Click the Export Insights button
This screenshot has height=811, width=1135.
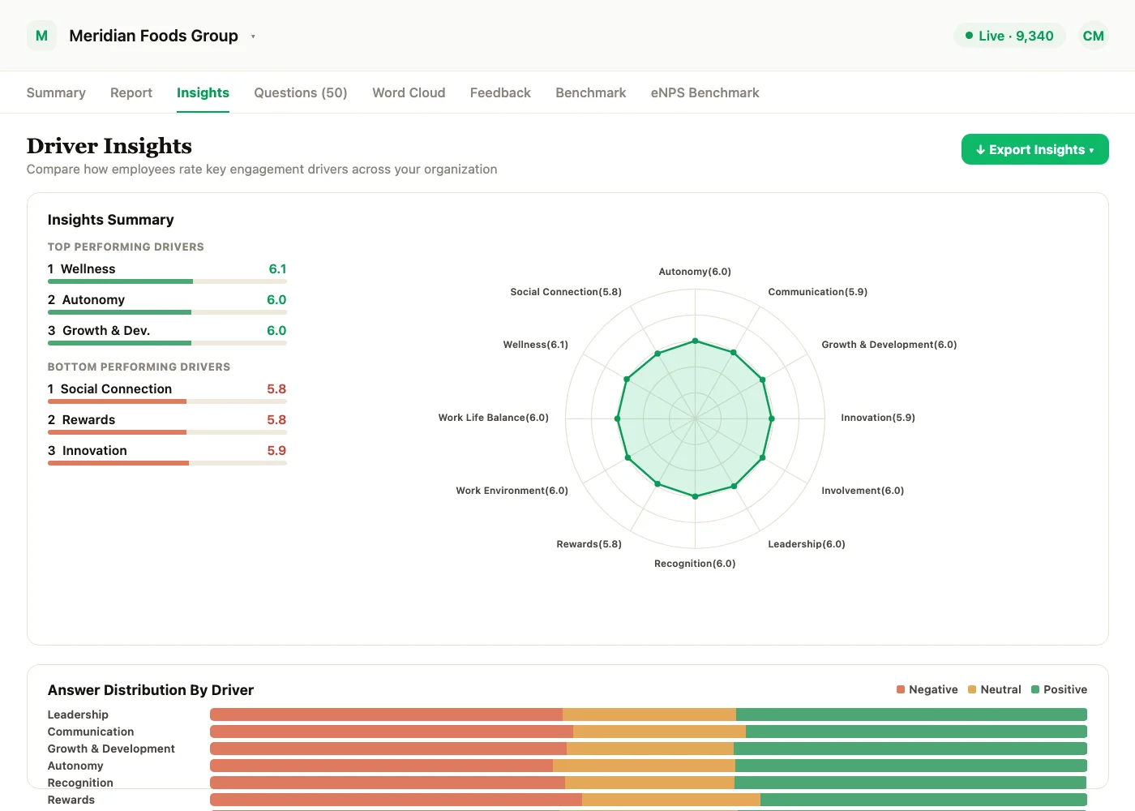coord(1034,149)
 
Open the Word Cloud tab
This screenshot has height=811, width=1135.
coord(409,92)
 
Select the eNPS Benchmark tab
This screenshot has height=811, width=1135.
coord(705,92)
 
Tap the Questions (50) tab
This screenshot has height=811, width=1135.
coord(301,92)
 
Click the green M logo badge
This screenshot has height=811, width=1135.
coord(41,36)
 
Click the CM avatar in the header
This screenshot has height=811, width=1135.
coord(1093,36)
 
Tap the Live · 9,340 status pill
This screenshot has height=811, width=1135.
coord(1009,36)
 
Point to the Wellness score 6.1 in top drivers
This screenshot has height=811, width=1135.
coord(277,268)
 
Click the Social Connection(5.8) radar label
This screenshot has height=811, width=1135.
coord(566,292)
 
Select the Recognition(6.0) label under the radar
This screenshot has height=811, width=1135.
coord(695,564)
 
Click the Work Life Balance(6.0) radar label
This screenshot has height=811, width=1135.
coord(493,418)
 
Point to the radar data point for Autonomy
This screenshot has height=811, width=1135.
coord(696,341)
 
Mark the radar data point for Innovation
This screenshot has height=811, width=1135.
coord(772,418)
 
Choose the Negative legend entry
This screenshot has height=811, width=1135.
coord(927,689)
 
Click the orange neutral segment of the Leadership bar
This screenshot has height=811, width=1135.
coord(649,714)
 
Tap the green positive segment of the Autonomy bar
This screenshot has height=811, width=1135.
coord(911,766)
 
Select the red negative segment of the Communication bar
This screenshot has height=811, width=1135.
coord(391,732)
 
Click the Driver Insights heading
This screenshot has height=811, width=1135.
coord(109,146)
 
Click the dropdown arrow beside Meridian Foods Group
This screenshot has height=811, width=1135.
coord(253,36)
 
